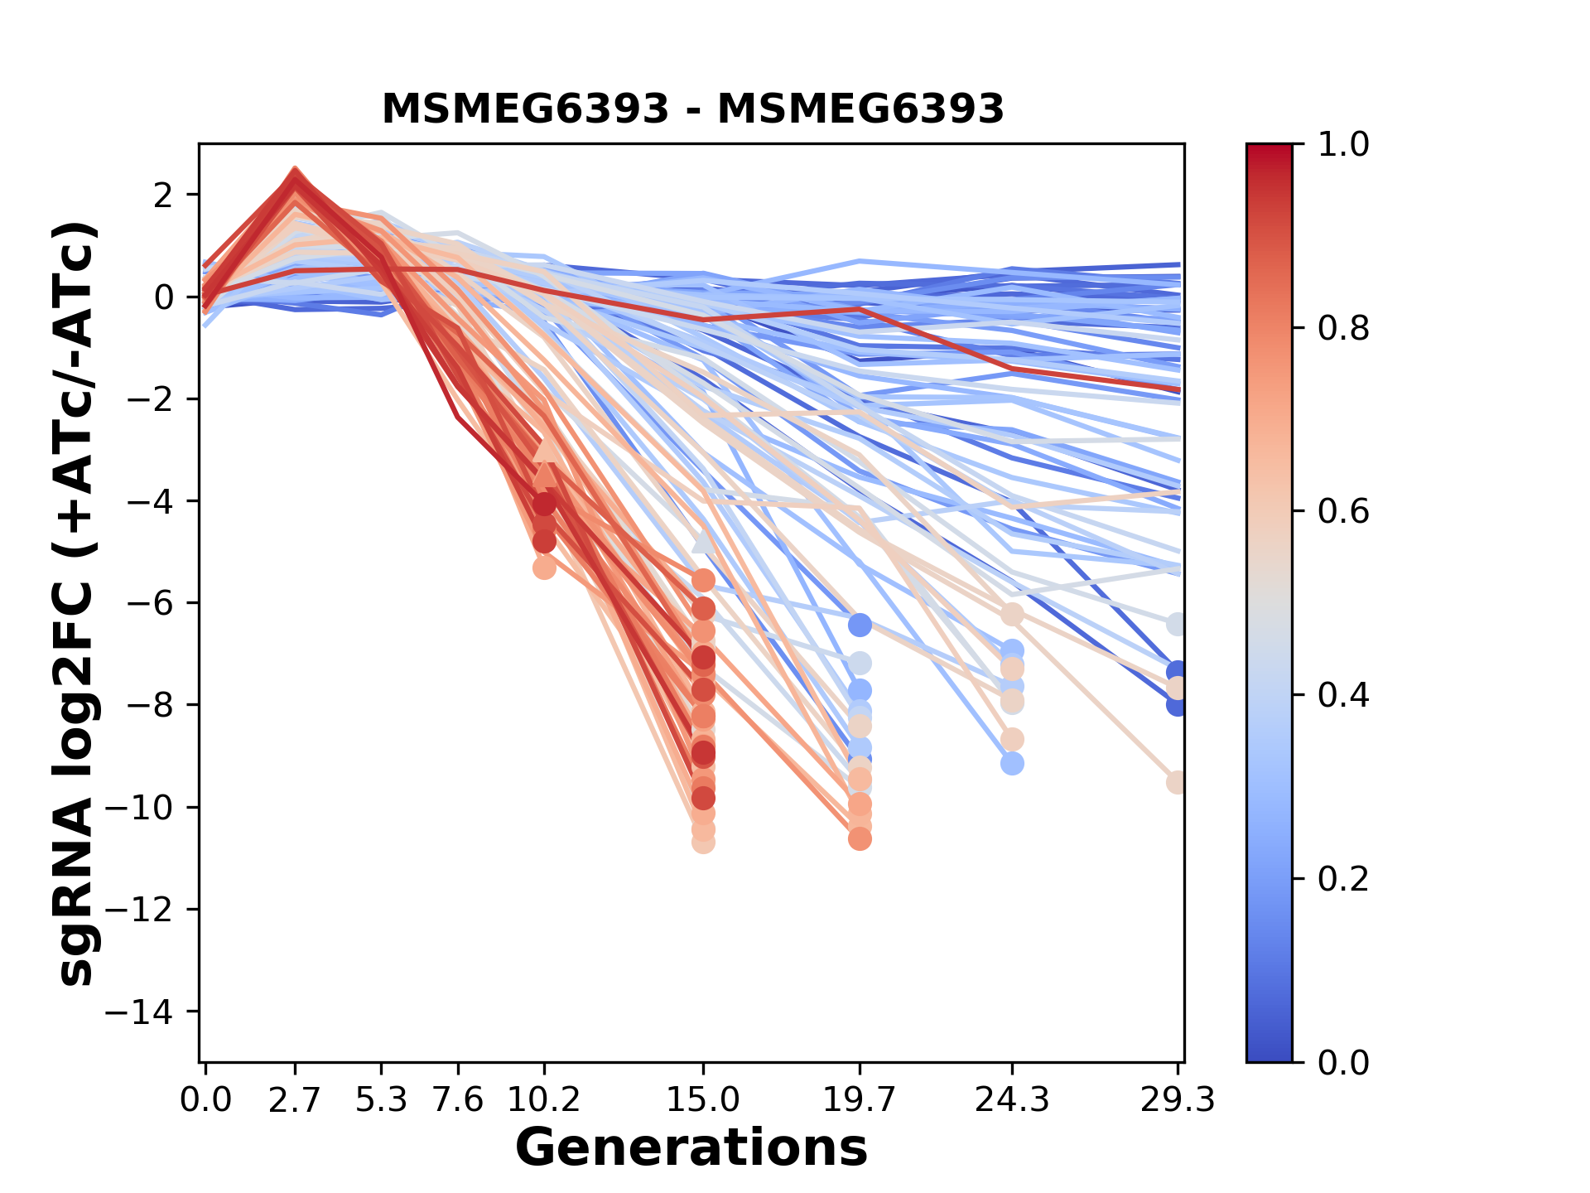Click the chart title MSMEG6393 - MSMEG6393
click(x=692, y=109)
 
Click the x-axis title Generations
click(x=691, y=1148)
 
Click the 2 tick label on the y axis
click(x=164, y=196)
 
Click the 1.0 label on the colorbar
click(x=1343, y=145)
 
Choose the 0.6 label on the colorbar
click(x=1343, y=512)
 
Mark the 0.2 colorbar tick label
click(x=1343, y=879)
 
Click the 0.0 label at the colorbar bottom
click(x=1343, y=1062)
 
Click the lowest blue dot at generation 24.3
click(x=1012, y=763)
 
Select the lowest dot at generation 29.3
click(x=1177, y=782)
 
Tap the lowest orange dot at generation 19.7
click(x=860, y=839)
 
